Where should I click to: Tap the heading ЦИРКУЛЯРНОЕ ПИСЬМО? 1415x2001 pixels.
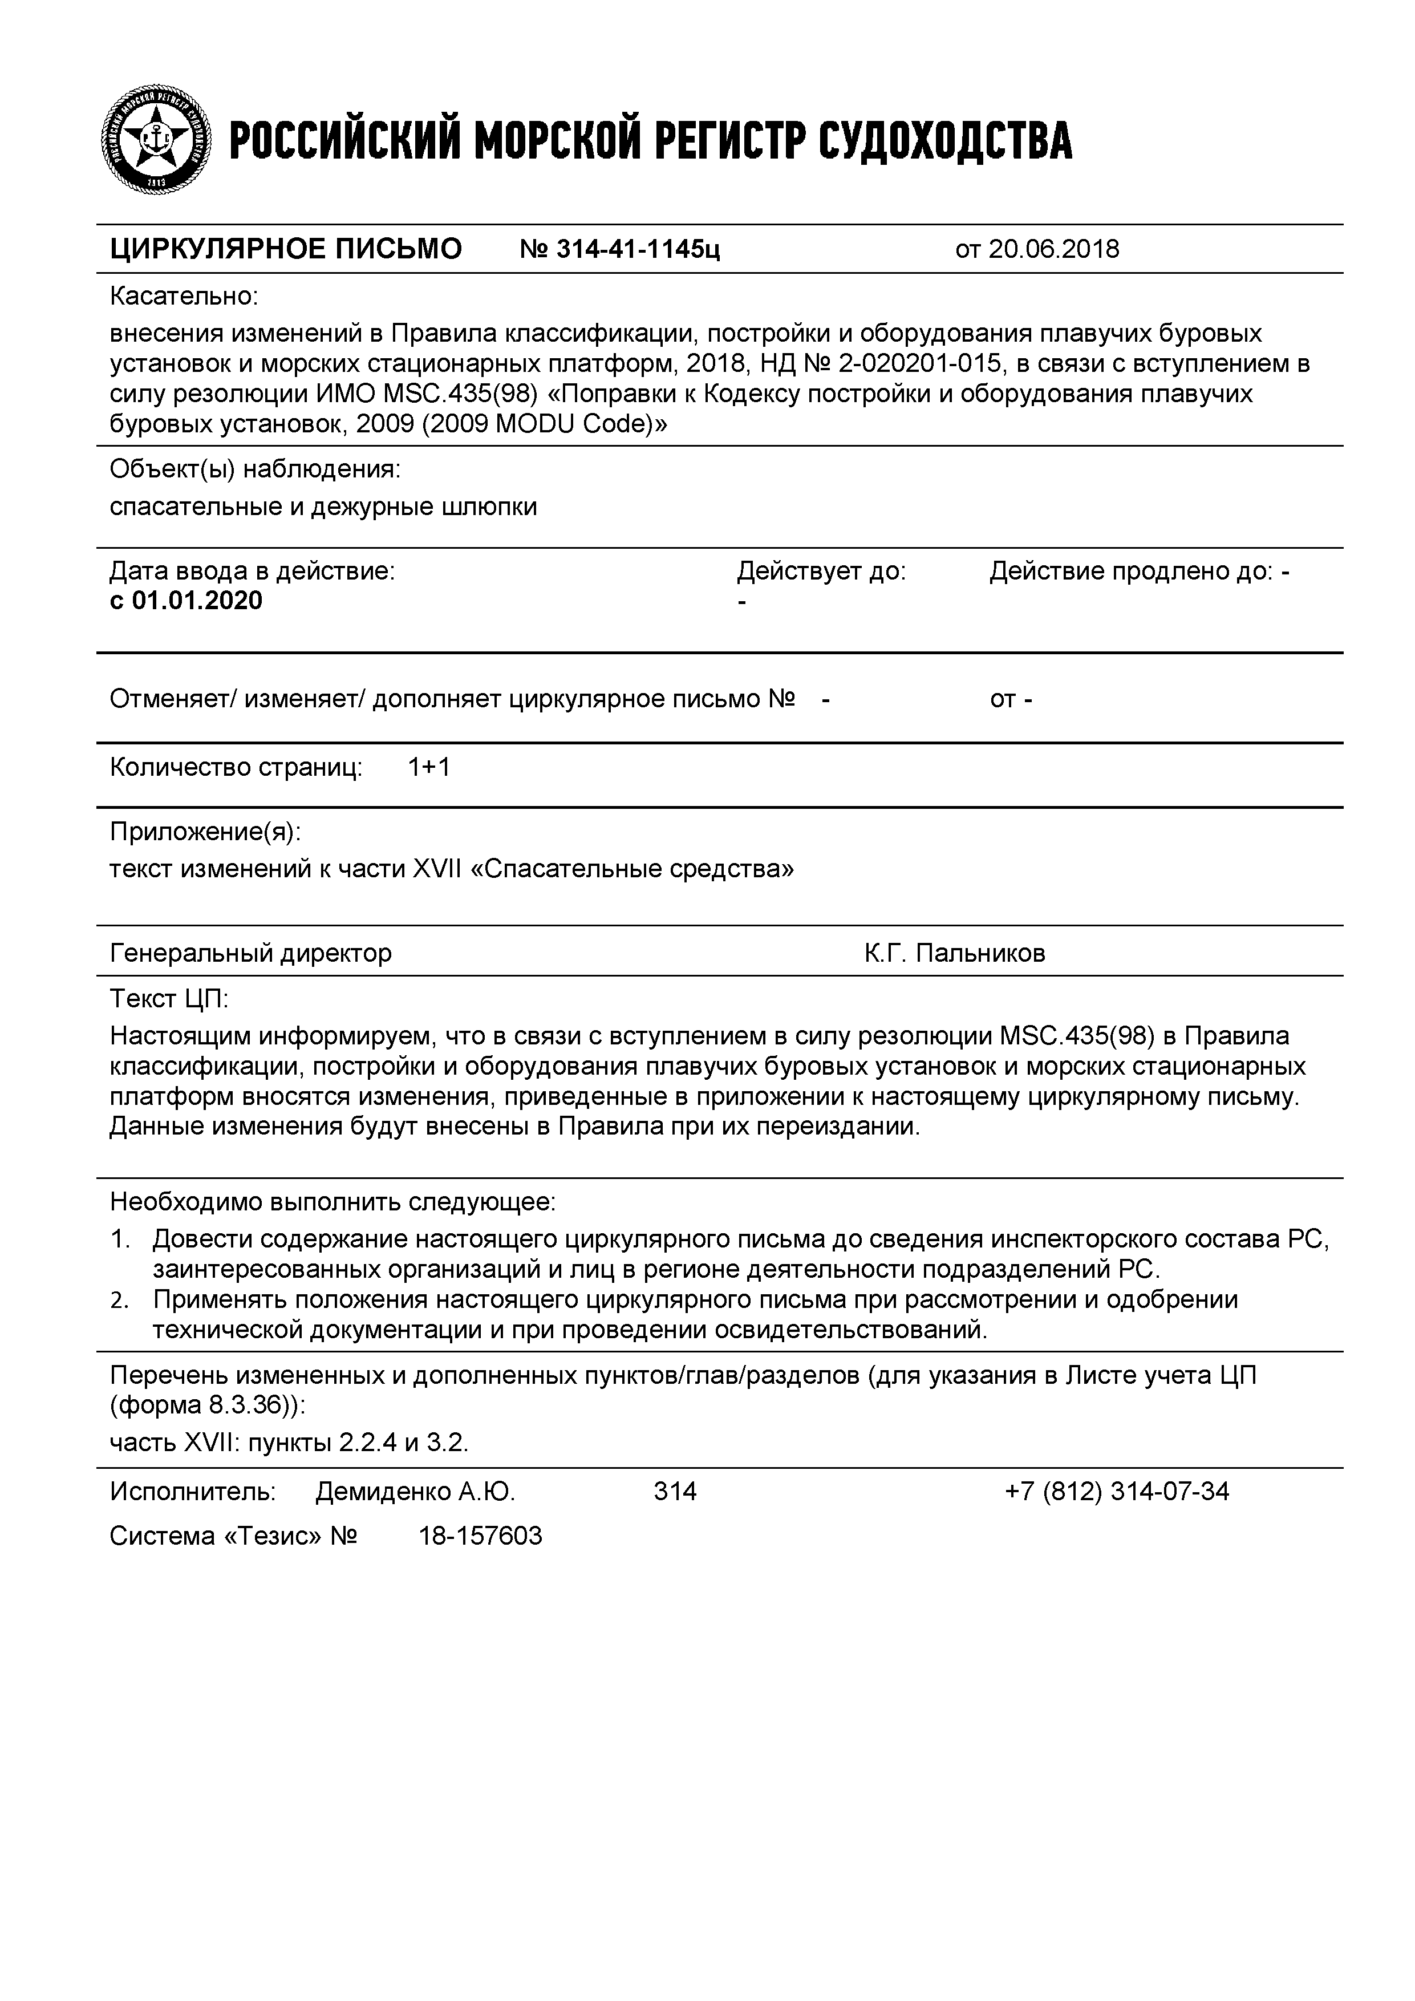click(286, 250)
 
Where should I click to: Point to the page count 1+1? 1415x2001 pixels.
click(429, 767)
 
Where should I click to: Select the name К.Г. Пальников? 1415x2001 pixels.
click(954, 953)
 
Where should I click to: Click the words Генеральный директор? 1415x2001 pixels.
click(251, 953)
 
